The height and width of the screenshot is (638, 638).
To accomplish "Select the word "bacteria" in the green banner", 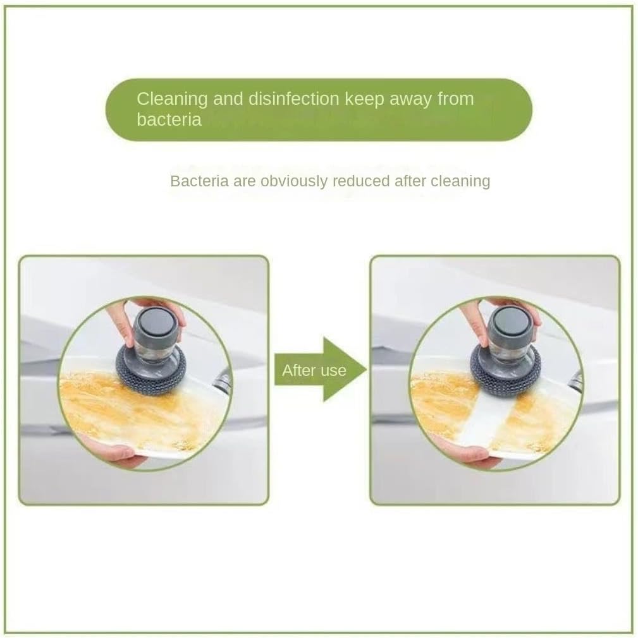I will [169, 119].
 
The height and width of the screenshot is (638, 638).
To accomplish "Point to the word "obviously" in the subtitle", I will [297, 181].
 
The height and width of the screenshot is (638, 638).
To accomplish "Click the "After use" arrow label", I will [314, 370].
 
